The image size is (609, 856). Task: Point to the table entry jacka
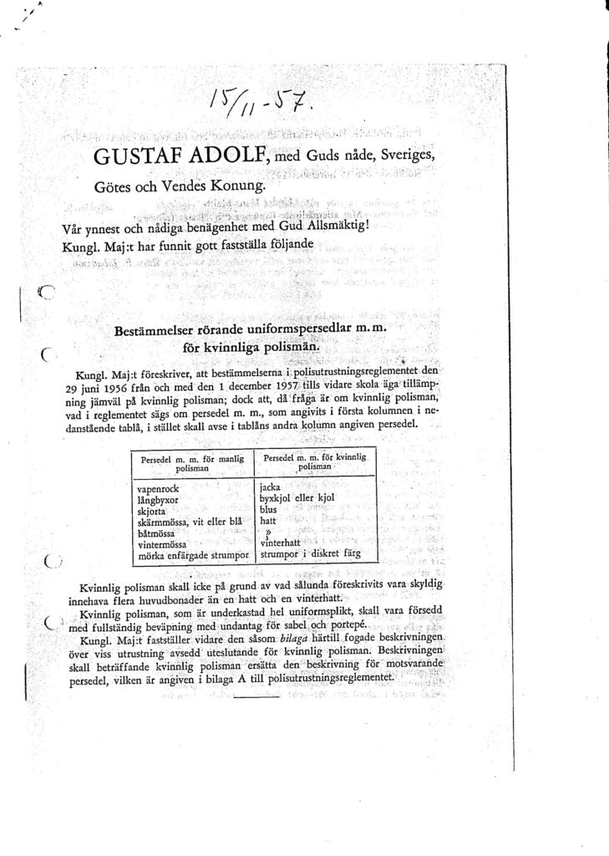[x=270, y=486]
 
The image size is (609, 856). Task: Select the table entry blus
[x=267, y=508]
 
